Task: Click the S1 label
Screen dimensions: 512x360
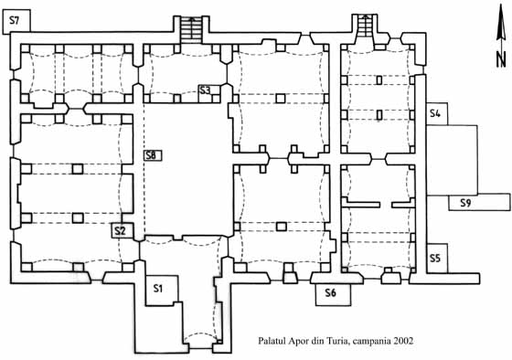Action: [x=158, y=288]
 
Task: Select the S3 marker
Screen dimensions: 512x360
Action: [x=205, y=90]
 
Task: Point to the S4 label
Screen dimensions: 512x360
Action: [x=435, y=113]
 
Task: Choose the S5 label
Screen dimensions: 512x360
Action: [x=435, y=259]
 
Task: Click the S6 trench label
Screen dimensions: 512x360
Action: [x=330, y=292]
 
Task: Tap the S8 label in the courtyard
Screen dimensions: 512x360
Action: [x=152, y=155]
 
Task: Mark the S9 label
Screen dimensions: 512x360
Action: [x=465, y=203]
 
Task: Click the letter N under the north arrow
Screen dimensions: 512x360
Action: [x=501, y=58]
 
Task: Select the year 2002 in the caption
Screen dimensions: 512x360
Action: [x=403, y=341]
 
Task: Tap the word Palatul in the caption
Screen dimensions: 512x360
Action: [x=272, y=341]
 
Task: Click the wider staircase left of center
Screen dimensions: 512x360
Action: [x=192, y=30]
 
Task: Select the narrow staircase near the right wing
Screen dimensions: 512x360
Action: [x=366, y=26]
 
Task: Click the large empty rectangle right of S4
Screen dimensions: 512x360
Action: [x=453, y=160]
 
